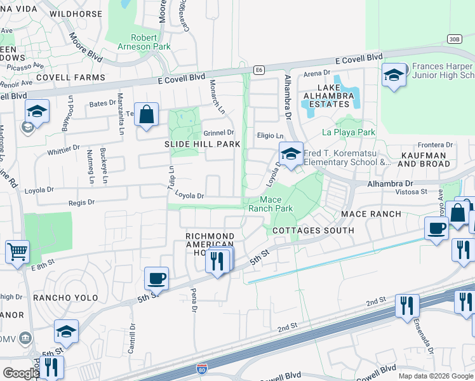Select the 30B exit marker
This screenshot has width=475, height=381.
(x=453, y=38)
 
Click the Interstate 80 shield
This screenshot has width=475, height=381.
(x=202, y=368)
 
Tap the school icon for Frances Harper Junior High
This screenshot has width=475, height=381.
(x=394, y=76)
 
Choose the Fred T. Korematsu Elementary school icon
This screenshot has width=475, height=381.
(x=291, y=154)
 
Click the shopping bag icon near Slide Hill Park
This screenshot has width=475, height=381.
(x=147, y=116)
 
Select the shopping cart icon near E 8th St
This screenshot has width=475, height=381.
(x=17, y=251)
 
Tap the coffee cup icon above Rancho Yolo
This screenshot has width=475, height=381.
(x=156, y=278)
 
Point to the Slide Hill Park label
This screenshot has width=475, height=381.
(x=203, y=144)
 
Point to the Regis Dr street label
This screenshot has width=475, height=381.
(x=81, y=202)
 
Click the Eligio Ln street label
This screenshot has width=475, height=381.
(x=270, y=136)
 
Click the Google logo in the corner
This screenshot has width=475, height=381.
(x=21, y=373)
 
